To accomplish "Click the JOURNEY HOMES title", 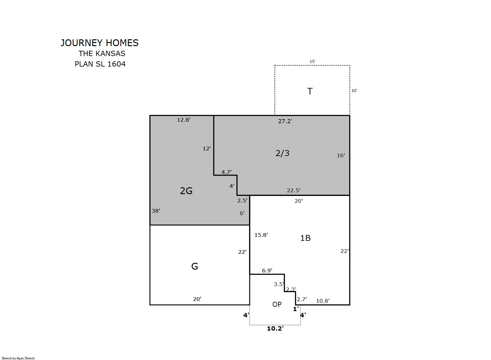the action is click(x=99, y=43).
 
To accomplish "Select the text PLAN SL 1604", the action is click(x=100, y=64).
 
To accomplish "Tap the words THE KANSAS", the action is click(x=102, y=54).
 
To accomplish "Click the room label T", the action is click(x=310, y=91).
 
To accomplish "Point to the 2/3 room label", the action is click(x=282, y=153).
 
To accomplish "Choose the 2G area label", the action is click(x=186, y=191).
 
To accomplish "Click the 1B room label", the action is click(x=305, y=238).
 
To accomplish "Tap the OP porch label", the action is click(x=277, y=304).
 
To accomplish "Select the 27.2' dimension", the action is click(x=285, y=121).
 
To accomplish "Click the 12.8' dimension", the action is click(x=184, y=120).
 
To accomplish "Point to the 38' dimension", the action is click(x=156, y=211).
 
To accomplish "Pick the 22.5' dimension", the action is click(x=293, y=190).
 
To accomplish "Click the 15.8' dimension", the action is click(x=261, y=235).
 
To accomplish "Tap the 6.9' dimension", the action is click(x=267, y=271).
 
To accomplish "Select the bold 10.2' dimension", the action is click(x=275, y=328).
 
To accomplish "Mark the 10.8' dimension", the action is click(x=323, y=301).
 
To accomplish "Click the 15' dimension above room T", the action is click(x=312, y=62).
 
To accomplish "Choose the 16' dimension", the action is click(x=341, y=155).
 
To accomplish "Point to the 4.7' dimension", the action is click(x=226, y=172).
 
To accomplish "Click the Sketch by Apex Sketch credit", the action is click(x=18, y=358).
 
